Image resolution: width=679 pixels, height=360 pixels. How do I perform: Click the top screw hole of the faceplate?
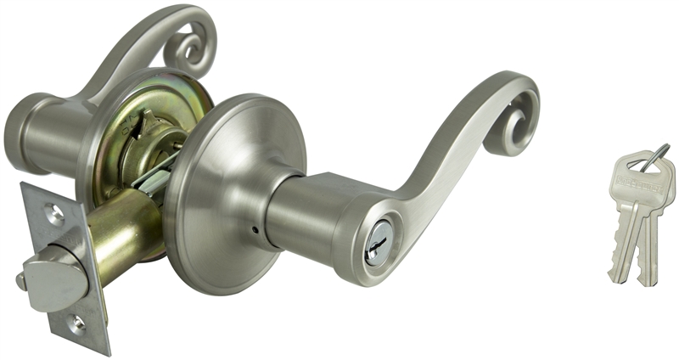[55, 215]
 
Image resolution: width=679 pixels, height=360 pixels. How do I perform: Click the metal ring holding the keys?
[653, 158]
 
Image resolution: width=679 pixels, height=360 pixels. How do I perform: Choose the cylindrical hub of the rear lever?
[42, 132]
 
